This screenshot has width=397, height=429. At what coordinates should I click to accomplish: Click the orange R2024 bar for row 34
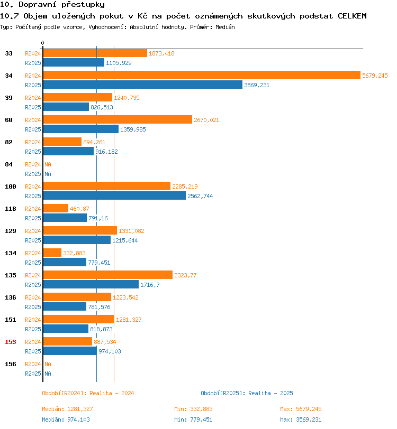(202, 75)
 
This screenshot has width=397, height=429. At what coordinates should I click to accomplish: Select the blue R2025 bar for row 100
(115, 195)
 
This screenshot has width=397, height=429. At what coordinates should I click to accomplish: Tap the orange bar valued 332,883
(52, 253)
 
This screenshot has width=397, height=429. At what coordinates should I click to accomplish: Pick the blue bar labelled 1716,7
(91, 284)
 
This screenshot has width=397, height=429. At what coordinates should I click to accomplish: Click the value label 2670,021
(206, 120)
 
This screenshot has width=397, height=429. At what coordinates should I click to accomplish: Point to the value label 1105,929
(119, 63)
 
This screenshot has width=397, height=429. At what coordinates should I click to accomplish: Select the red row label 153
(11, 342)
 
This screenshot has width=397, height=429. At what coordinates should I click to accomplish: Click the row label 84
(9, 164)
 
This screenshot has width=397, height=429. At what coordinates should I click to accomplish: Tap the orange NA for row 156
(48, 364)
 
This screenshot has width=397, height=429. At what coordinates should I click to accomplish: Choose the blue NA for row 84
(48, 174)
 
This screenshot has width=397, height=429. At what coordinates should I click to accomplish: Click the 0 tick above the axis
(42, 43)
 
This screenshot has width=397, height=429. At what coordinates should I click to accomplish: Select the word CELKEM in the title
(352, 16)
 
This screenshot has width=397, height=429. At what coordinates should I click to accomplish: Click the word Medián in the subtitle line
(225, 27)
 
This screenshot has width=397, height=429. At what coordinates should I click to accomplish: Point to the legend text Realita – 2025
(270, 393)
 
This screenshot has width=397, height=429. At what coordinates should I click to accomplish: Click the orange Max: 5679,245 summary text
(301, 409)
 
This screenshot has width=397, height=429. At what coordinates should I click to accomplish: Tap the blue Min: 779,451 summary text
(193, 419)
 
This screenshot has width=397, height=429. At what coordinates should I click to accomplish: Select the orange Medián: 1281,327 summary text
(67, 409)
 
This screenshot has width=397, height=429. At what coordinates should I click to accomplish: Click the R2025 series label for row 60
(33, 129)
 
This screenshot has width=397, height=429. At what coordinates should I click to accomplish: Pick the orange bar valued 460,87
(56, 208)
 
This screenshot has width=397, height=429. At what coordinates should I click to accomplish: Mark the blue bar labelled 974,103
(70, 351)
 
